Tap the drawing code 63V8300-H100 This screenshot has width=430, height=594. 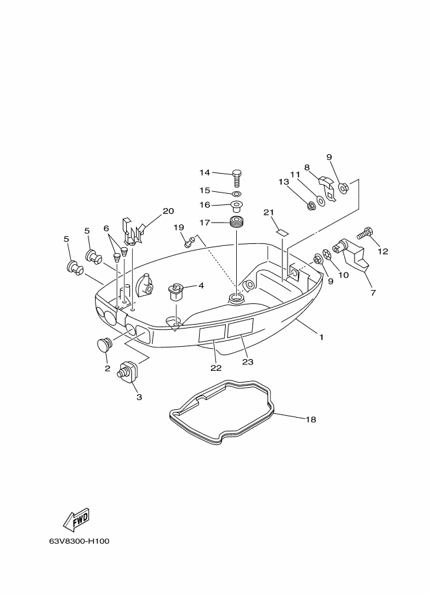(x=79, y=541)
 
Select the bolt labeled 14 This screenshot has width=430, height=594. (x=236, y=178)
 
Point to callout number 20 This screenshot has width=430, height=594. (x=168, y=211)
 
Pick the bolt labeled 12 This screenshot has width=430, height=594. (x=365, y=232)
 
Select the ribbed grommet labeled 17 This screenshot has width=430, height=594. (x=236, y=222)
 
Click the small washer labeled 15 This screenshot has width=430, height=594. (x=237, y=195)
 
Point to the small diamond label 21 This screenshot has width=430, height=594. (x=282, y=232)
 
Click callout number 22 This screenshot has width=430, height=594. (x=216, y=368)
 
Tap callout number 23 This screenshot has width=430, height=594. (x=248, y=362)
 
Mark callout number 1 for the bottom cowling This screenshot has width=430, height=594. (x=321, y=337)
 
